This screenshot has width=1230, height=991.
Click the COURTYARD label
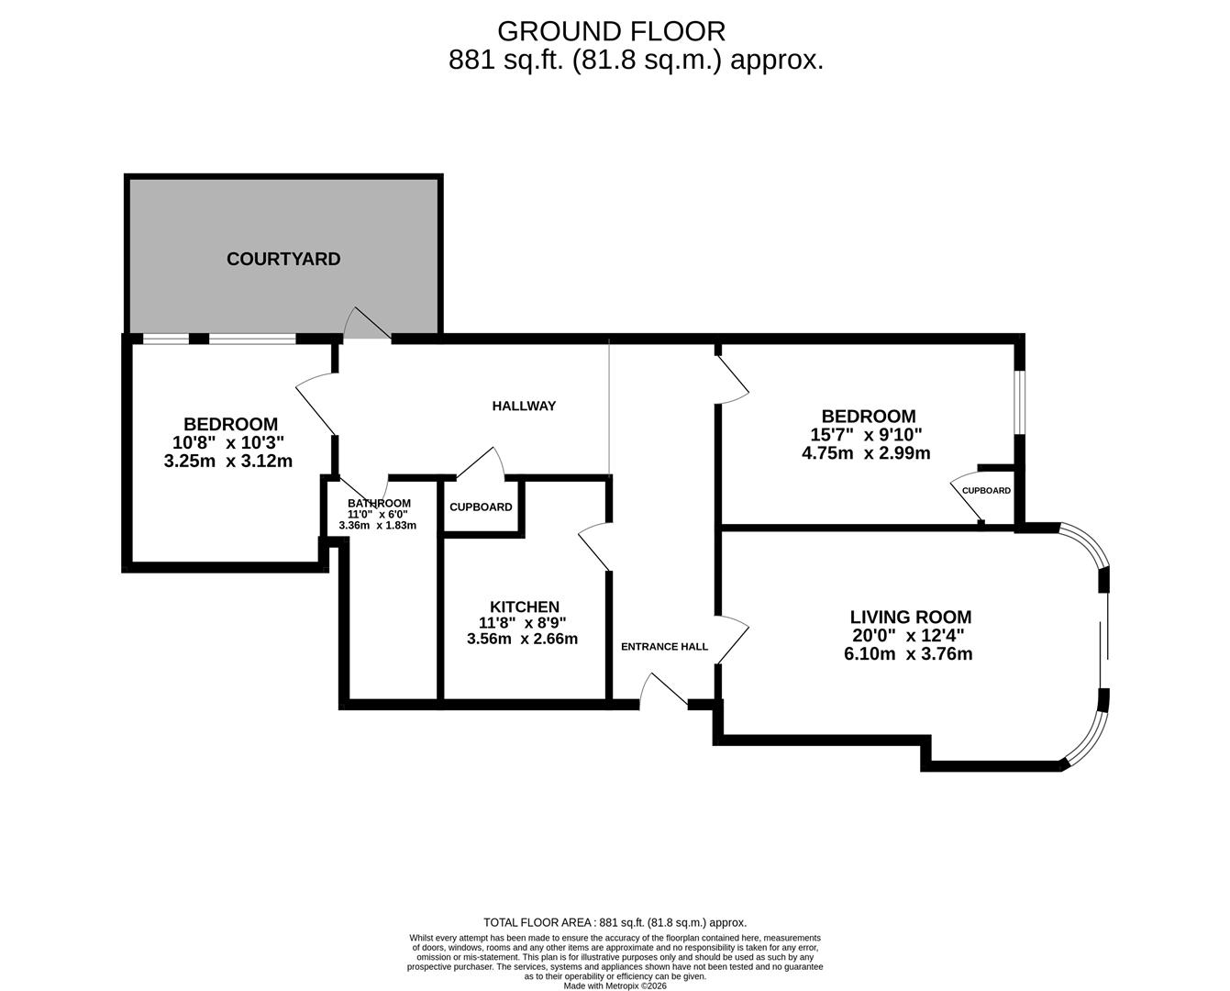point(283,259)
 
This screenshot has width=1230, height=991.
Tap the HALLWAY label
point(524,406)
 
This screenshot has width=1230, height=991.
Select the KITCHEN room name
point(524,607)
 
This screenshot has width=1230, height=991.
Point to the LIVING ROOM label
point(910,618)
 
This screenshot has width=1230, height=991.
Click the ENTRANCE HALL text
point(664,646)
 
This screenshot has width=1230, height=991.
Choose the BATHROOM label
point(379,503)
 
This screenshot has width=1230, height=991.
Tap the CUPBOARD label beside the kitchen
point(481,507)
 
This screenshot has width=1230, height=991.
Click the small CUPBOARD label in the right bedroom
point(986,490)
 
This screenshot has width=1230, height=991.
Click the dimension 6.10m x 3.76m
point(908,654)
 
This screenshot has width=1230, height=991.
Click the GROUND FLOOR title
point(611,31)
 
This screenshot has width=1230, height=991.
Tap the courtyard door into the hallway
point(368,323)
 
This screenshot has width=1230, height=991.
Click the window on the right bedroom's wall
point(1019,401)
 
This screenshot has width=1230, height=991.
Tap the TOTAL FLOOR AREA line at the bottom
point(615,922)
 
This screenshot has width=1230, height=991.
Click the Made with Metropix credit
point(615,985)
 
